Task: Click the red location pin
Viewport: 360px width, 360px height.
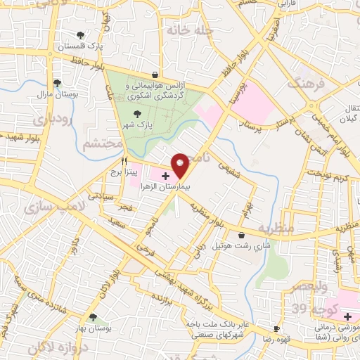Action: (181, 165)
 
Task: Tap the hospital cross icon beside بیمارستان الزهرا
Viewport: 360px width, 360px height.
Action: (165, 175)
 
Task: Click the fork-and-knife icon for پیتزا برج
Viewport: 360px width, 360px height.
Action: (124, 160)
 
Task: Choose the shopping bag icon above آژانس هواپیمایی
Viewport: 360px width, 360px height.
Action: (155, 75)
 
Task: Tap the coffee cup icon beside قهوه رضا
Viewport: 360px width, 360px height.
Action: (276, 328)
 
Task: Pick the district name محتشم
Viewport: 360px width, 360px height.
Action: (103, 144)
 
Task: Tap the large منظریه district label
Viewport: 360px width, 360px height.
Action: (274, 229)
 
